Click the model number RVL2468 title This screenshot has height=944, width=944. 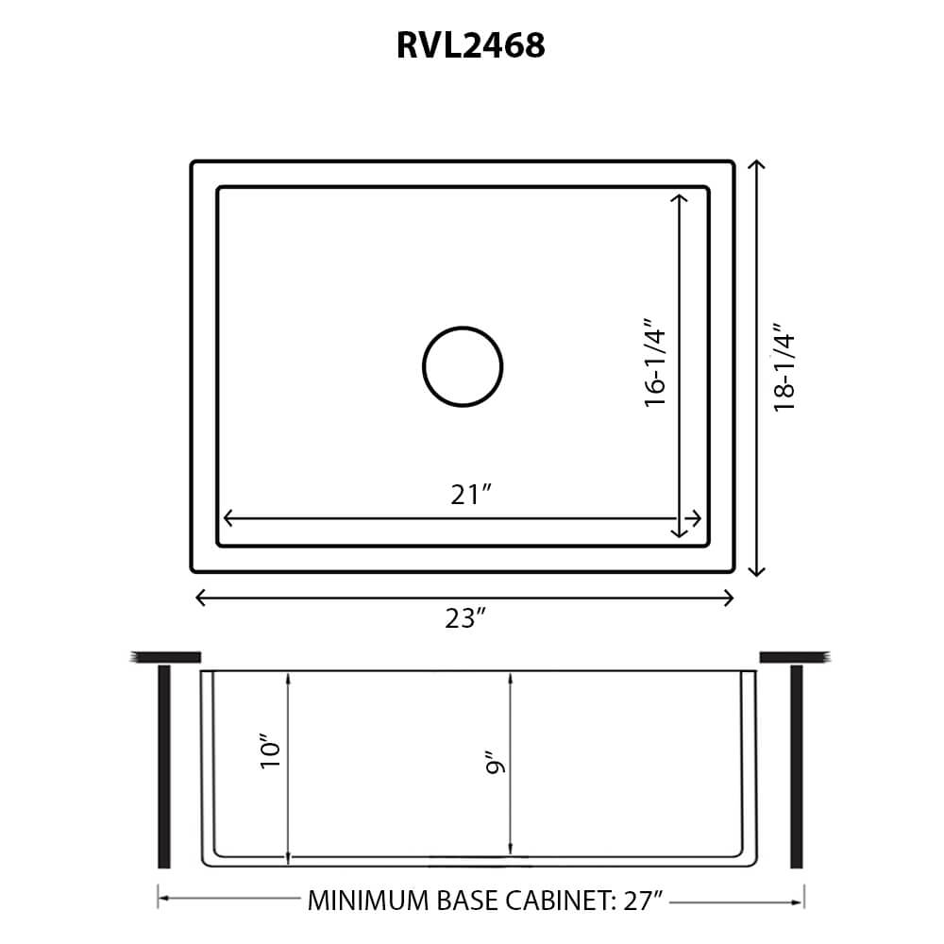[470, 45]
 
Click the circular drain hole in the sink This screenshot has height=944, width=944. [463, 367]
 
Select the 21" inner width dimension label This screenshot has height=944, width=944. [470, 495]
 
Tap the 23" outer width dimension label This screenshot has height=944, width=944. [465, 618]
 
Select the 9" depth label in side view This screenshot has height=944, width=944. [494, 763]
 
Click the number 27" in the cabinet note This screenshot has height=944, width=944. [645, 901]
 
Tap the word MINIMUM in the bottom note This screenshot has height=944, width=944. [365, 901]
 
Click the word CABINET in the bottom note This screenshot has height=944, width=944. [557, 901]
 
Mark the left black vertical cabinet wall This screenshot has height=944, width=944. [164, 766]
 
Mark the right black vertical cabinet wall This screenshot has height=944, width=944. [796, 766]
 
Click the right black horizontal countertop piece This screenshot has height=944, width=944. [794, 657]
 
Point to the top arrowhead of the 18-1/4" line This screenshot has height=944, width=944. [755, 165]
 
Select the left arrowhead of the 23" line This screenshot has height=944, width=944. [199, 598]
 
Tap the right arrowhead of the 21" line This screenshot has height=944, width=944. [697, 519]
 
